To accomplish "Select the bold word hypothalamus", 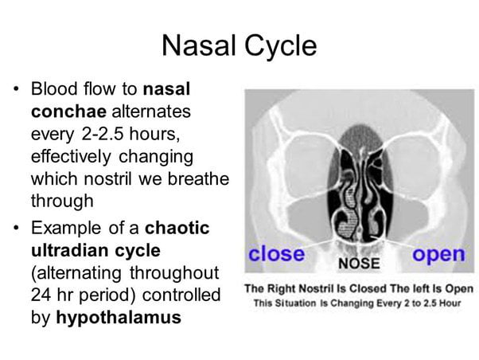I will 119,316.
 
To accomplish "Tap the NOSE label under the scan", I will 359,262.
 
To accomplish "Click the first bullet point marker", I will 18,88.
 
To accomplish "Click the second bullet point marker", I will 18,229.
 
